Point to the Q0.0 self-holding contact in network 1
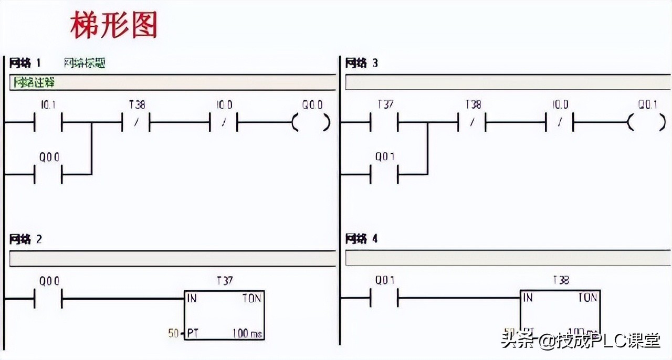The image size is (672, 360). [48, 174]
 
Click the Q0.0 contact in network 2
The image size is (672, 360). [48, 299]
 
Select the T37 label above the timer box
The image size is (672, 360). [224, 281]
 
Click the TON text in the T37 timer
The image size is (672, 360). [251, 298]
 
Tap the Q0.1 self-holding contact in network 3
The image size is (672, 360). [385, 174]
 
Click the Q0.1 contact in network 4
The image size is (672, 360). [385, 299]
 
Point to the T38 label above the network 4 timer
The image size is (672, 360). [560, 281]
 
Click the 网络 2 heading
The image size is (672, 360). [26, 240]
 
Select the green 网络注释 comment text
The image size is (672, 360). [34, 83]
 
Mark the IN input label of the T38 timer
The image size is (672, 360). [528, 298]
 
